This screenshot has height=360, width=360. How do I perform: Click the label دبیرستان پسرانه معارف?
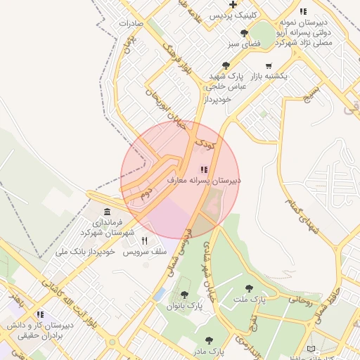coord(204,181)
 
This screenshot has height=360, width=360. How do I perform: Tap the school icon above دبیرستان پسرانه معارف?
coord(204,169)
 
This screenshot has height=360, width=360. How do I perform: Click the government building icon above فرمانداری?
coord(107,212)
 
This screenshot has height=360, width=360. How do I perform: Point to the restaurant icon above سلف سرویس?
coord(145,240)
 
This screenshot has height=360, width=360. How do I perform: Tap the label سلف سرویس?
coord(145,251)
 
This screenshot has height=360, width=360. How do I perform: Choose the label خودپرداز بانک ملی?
coord(85,251)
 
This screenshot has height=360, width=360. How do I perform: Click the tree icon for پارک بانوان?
coord(184,295)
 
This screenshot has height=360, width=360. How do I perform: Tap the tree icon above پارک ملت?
coord(249,288)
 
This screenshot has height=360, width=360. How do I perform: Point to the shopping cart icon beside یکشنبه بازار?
coord(269,65)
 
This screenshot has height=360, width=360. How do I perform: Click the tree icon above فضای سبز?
coord(244,32)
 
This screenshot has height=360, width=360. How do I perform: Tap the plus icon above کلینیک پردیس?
coord(233,4)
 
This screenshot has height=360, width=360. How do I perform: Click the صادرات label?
coord(131,22)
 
